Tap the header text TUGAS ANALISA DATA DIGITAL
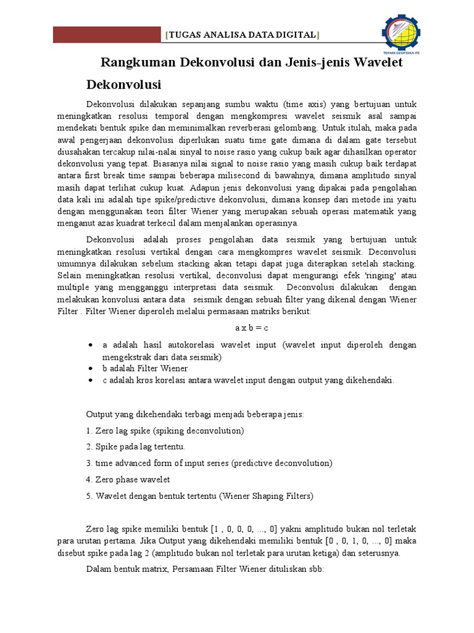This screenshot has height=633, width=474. (243, 35)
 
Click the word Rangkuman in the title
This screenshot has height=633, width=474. (138, 62)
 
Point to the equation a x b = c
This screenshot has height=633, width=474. (251, 328)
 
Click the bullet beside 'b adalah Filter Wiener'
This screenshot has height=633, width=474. (91, 368)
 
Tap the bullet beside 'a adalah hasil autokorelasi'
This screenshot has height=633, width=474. (91, 345)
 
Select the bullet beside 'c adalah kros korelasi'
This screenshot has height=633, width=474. (91, 380)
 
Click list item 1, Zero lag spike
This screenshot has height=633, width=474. (165, 430)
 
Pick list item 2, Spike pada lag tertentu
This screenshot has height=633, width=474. (136, 446)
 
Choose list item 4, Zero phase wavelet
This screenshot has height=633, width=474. (128, 479)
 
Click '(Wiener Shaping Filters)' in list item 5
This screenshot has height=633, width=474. (268, 495)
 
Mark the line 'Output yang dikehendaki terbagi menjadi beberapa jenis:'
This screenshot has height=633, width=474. (194, 414)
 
